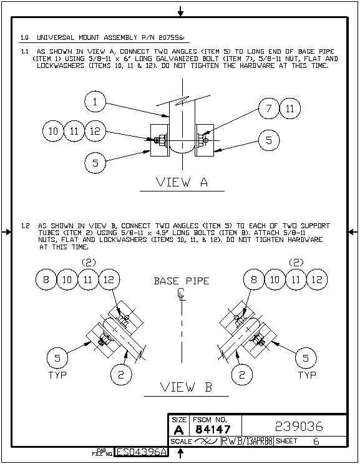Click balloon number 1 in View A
[x=95, y=102]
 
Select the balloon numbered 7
[x=269, y=109]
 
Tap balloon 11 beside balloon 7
[x=290, y=109]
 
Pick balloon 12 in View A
[x=95, y=131]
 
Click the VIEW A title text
[x=182, y=182]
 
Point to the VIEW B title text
[x=186, y=387]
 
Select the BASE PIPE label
[x=182, y=281]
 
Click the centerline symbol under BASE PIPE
[x=182, y=295]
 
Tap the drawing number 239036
[x=299, y=427]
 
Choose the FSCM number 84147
[x=213, y=429]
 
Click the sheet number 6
[x=316, y=441]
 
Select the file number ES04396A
[x=142, y=452]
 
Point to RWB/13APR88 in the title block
[x=247, y=441]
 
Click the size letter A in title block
[x=178, y=430]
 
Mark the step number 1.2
[x=26, y=226]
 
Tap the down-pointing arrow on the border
[x=180, y=12]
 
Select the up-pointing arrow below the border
[x=180, y=453]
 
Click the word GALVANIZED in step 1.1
[x=177, y=59]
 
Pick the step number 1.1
[x=24, y=52]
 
